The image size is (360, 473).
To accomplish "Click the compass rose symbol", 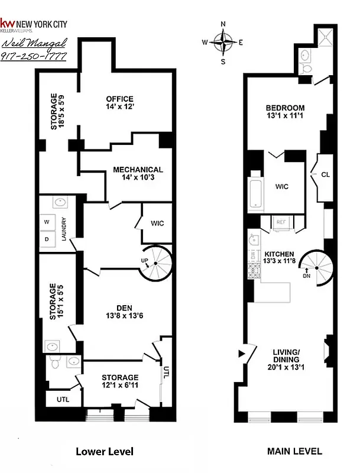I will click(x=223, y=42).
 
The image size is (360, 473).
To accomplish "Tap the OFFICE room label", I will click(x=120, y=103).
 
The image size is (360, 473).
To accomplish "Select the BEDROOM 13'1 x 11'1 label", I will click(x=285, y=112).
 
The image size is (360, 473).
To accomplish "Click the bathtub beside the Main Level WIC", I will click(x=255, y=190).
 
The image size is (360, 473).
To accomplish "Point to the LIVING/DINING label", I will click(x=286, y=359).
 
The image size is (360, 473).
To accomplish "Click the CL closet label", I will click(x=325, y=175).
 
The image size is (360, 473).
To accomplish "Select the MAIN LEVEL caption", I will click(x=294, y=451).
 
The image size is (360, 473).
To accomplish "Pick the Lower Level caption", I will click(x=105, y=452).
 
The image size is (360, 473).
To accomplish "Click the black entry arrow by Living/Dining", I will click(x=241, y=354).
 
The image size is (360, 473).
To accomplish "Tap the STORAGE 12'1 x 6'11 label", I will click(x=119, y=381).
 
